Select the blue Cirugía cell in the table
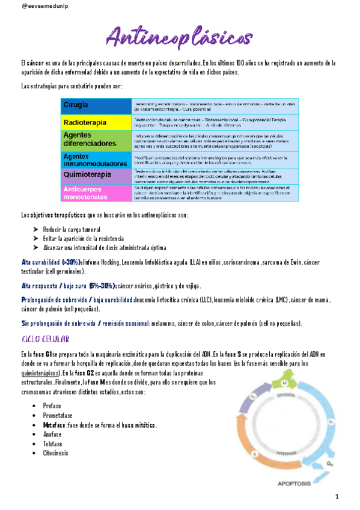(96, 106)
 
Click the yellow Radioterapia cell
(96, 122)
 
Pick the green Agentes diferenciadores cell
(96, 140)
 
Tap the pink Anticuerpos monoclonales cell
(96, 192)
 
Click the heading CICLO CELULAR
(46, 339)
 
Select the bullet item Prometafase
(58, 416)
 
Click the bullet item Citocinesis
(56, 453)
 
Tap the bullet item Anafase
(52, 434)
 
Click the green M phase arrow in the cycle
(285, 383)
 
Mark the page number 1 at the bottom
(337, 497)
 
